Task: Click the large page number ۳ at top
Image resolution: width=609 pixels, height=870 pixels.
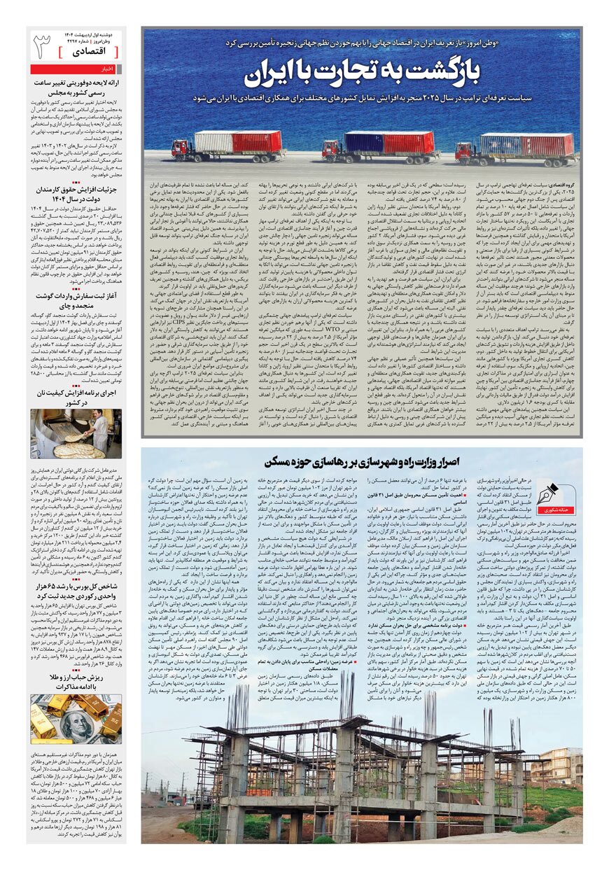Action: click(43, 45)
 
